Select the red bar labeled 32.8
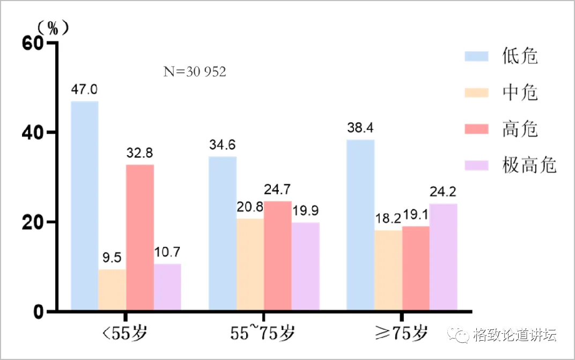pyautogui.click(x=140, y=238)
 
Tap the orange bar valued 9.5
pyautogui.click(x=112, y=290)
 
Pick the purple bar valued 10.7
pyautogui.click(x=167, y=287)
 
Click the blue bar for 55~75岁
pyautogui.click(x=223, y=233)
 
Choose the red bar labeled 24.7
pyautogui.click(x=278, y=255)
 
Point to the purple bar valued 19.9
pyautogui.click(x=305, y=266)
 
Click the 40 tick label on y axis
pyautogui.click(x=34, y=133)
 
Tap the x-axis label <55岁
pyautogui.click(x=125, y=334)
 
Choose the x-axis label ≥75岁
pyautogui.click(x=402, y=334)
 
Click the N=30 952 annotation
pyautogui.click(x=194, y=71)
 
